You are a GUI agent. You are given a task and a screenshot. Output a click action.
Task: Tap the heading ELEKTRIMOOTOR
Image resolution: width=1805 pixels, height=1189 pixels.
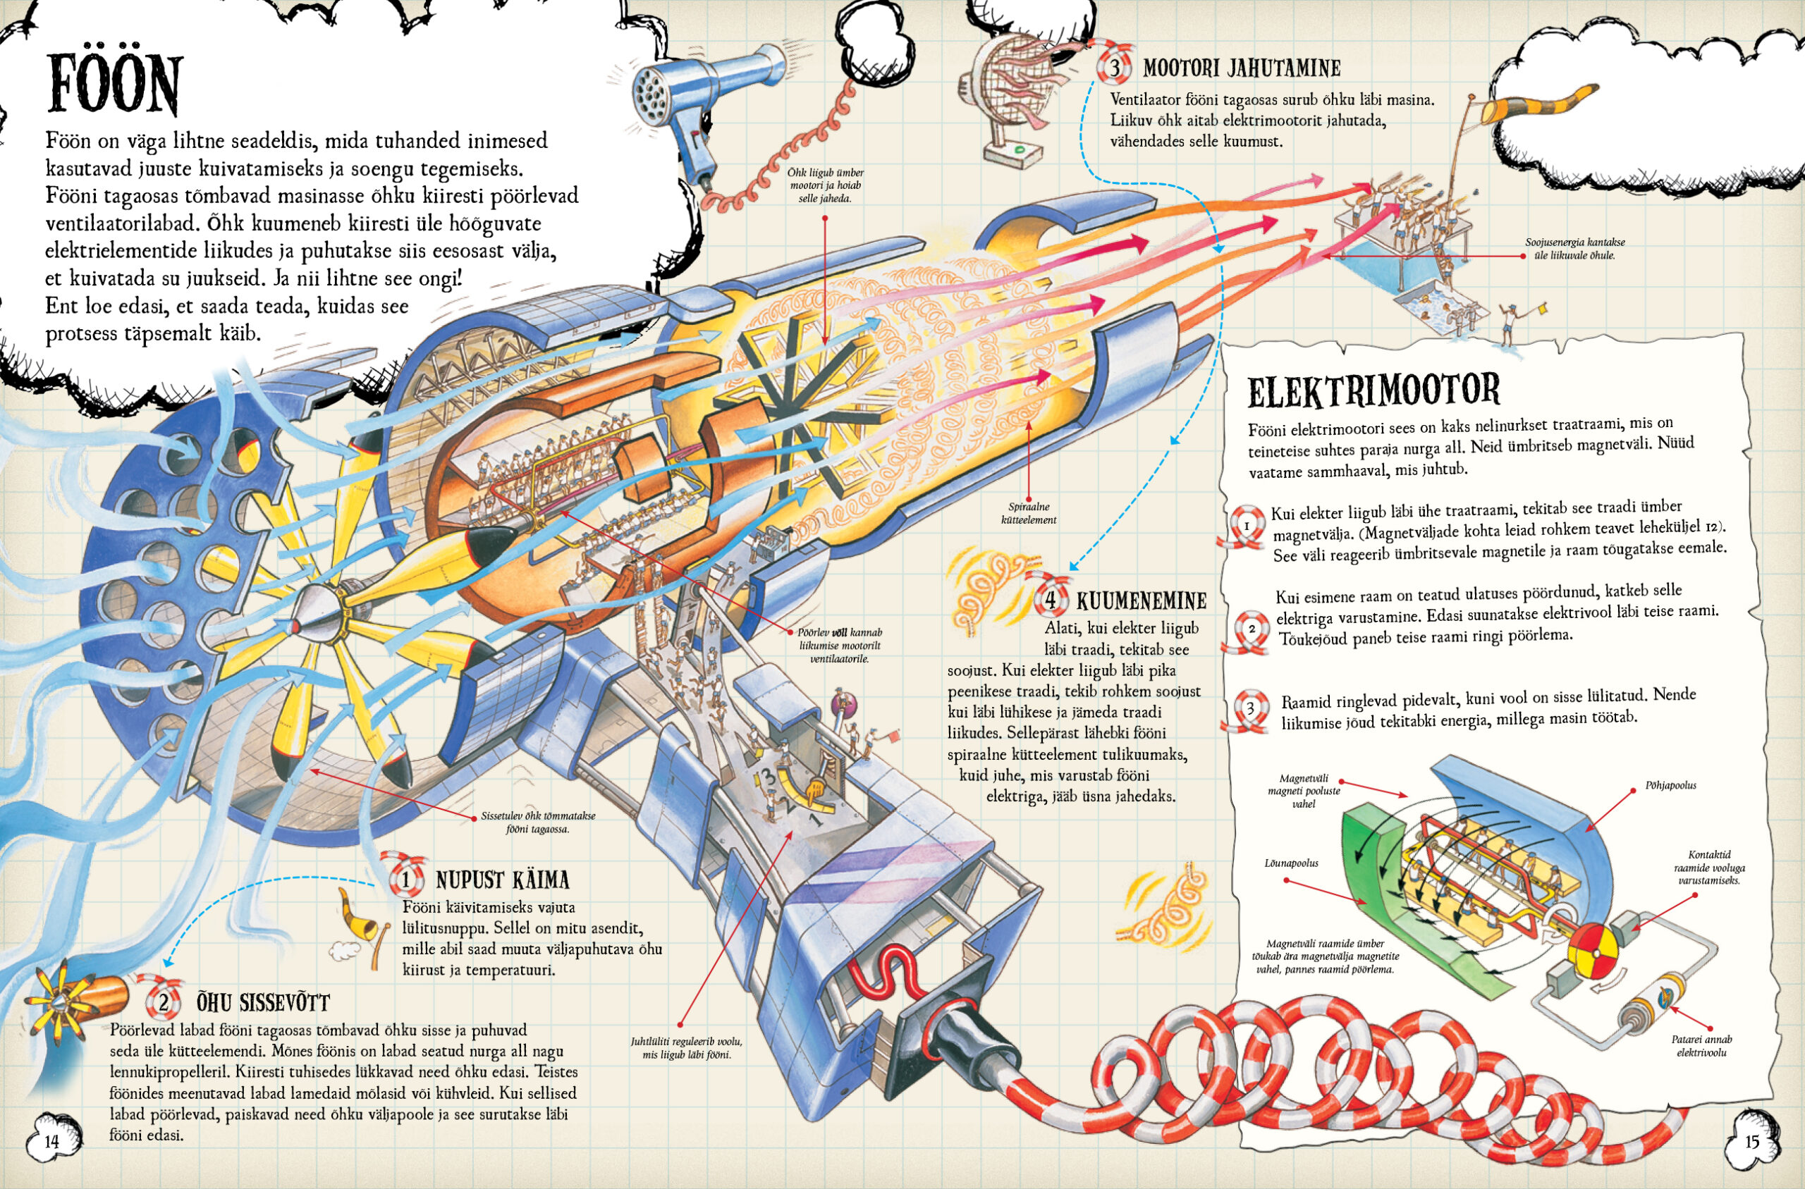pos(1373,390)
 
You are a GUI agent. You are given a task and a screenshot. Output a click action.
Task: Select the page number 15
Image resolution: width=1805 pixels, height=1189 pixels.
pos(1752,1142)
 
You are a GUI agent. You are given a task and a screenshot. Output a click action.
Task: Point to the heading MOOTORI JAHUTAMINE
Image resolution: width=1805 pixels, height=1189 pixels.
pos(1242,68)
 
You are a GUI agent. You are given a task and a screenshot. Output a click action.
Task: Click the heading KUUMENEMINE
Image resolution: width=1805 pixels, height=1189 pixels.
pos(1141,601)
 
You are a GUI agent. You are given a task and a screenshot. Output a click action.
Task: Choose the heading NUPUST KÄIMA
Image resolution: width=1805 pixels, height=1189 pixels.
pos(502,880)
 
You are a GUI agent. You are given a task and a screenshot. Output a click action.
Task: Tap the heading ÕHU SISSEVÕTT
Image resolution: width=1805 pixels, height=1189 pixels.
pos(263,1003)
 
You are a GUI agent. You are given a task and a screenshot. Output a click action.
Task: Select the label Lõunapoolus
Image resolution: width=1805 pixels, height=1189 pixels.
pos(1291,863)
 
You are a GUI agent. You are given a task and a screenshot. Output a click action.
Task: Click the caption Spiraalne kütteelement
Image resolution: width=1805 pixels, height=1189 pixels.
pos(1029,513)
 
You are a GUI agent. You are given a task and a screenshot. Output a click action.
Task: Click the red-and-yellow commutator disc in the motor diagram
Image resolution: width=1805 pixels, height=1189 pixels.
pos(1593,948)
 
